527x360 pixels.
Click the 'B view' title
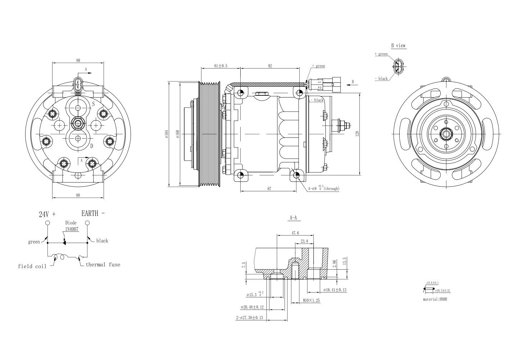click(398, 46)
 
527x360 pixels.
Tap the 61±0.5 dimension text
click(221, 66)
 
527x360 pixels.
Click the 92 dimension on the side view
click(270, 66)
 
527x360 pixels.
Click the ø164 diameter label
click(167, 134)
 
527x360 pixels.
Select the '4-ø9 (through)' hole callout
click(323, 188)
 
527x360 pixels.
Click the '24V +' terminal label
click(47, 214)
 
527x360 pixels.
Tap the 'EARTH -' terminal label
click(93, 213)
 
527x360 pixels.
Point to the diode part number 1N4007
click(72, 229)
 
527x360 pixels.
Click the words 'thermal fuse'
click(103, 265)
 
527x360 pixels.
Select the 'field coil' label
click(32, 266)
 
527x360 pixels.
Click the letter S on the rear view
click(93, 104)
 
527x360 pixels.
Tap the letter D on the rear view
click(92, 146)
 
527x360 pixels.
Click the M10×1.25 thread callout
click(311, 300)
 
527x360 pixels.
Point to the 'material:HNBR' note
click(437, 299)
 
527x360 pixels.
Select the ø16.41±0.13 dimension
click(335, 290)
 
